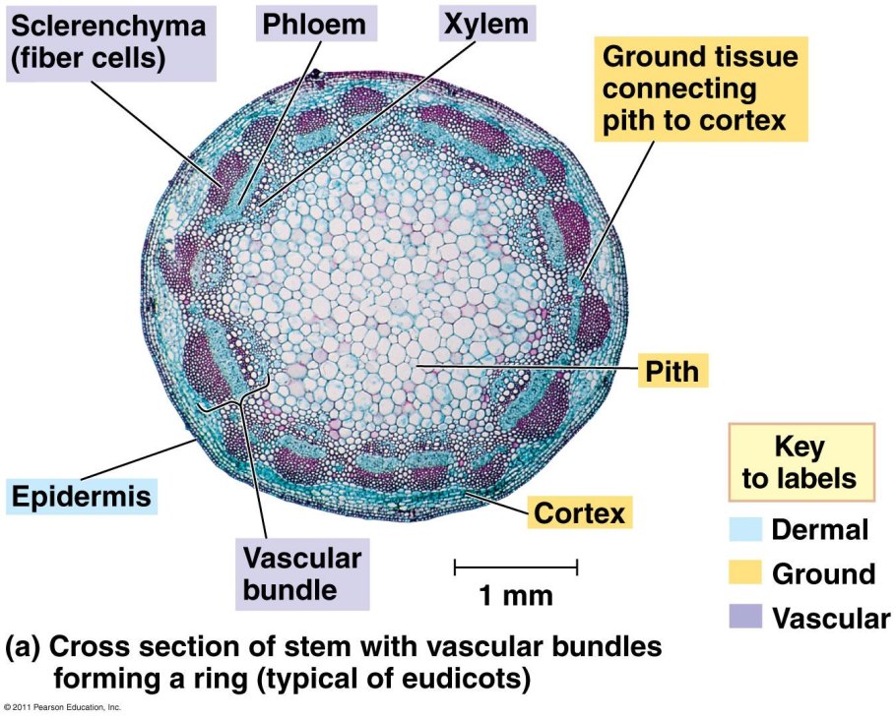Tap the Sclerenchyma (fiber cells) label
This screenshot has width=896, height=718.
pyautogui.click(x=107, y=42)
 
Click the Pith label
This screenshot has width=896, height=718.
pyautogui.click(x=672, y=371)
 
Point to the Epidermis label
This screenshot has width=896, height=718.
pyautogui.click(x=82, y=496)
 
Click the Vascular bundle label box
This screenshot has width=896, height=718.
pyautogui.click(x=303, y=574)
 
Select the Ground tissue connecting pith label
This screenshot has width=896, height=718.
pyautogui.click(x=700, y=90)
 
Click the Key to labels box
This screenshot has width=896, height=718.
pyautogui.click(x=800, y=462)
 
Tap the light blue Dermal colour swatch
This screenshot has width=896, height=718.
pyautogui.click(x=744, y=530)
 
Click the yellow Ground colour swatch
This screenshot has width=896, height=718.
pyautogui.click(x=744, y=573)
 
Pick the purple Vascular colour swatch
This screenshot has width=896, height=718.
pyautogui.click(x=744, y=617)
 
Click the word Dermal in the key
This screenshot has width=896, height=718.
pyautogui.click(x=820, y=530)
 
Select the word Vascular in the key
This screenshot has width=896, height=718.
pyautogui.click(x=831, y=618)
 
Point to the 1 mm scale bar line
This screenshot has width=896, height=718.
pyautogui.click(x=515, y=566)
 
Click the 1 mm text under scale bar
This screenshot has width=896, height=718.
pyautogui.click(x=515, y=595)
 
